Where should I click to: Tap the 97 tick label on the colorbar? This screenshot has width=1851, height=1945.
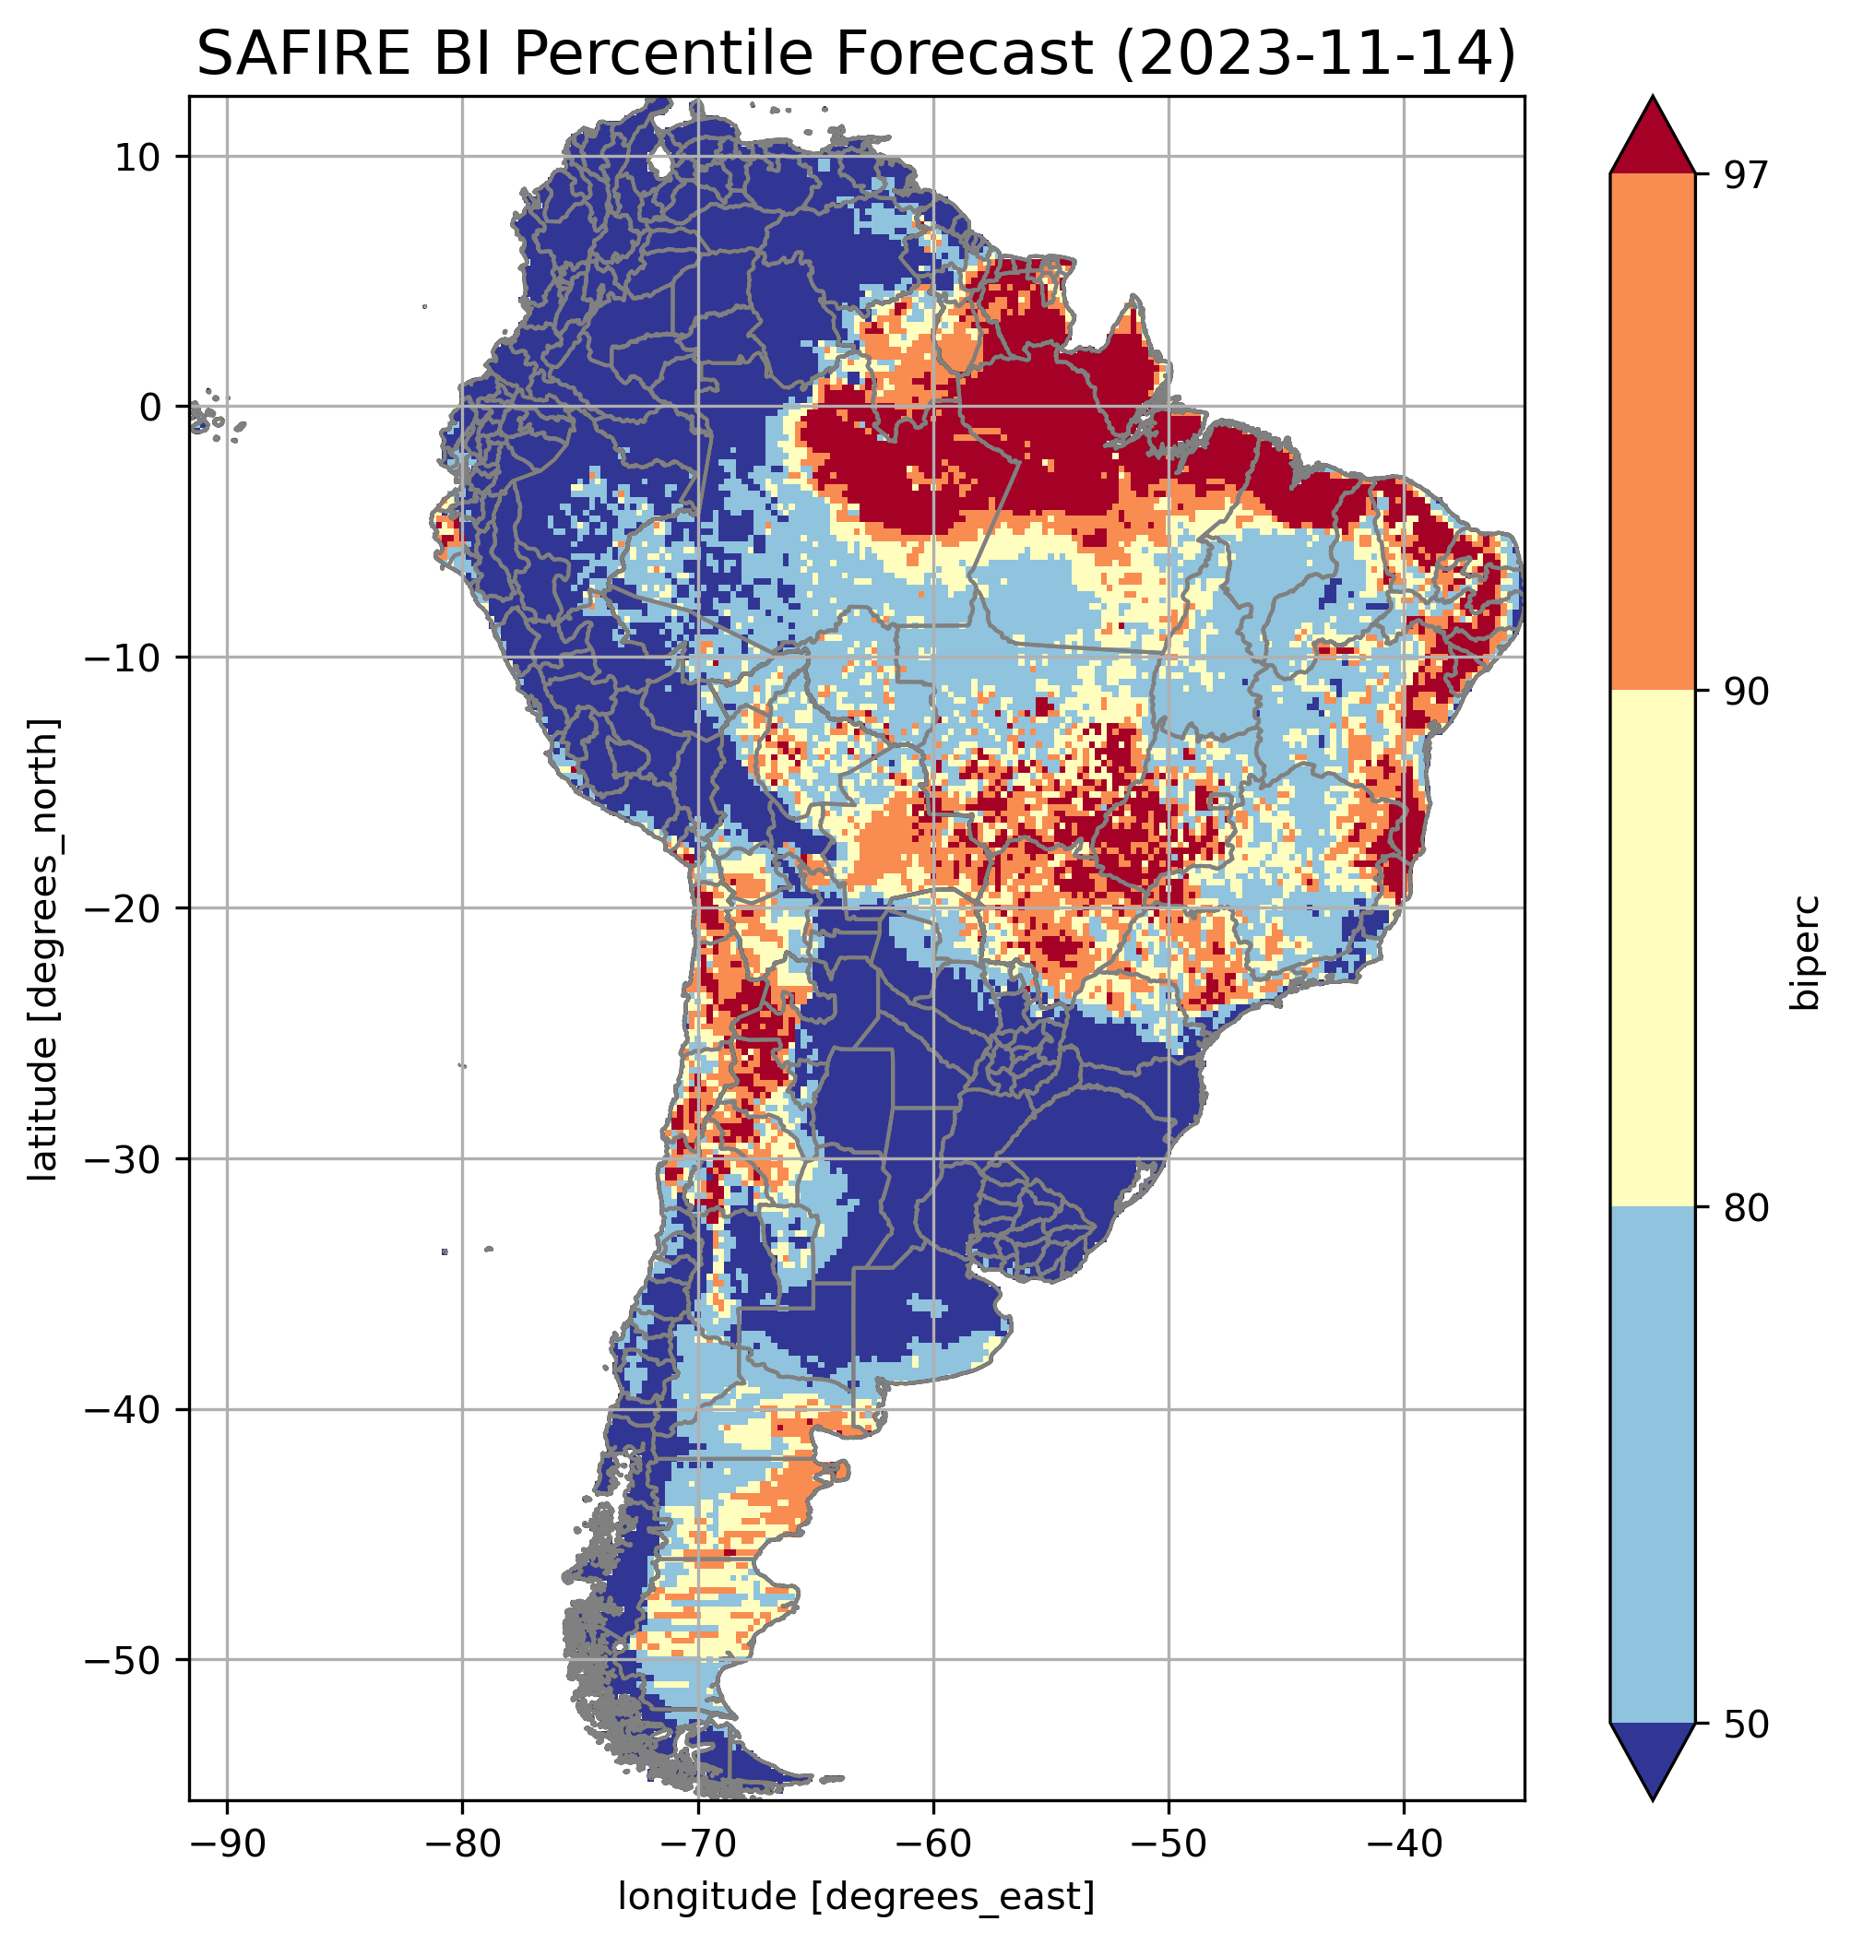pyautogui.click(x=1747, y=175)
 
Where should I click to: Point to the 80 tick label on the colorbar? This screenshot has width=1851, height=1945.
pyautogui.click(x=1747, y=1209)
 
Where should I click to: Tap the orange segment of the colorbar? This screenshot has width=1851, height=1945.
pyautogui.click(x=1653, y=433)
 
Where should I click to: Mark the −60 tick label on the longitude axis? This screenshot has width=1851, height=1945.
pyautogui.click(x=932, y=1843)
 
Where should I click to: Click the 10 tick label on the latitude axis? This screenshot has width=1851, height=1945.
pyautogui.click(x=138, y=157)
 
